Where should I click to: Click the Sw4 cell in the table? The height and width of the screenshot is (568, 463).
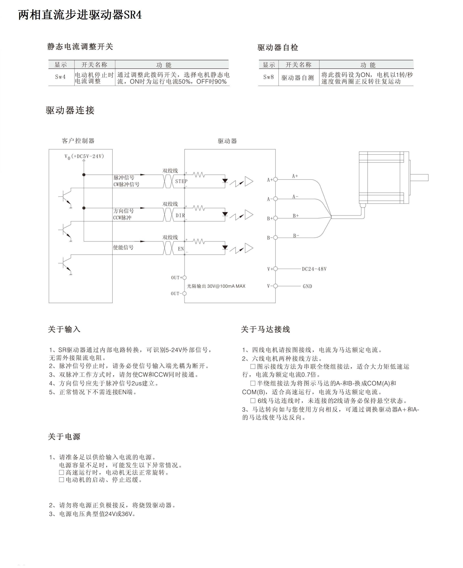61,77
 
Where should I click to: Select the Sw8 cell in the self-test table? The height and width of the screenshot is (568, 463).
269,77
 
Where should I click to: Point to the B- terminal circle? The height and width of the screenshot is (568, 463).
276,238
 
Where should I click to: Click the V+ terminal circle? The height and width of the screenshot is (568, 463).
276,269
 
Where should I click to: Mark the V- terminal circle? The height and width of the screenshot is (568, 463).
276,286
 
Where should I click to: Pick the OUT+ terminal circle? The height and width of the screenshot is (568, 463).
184,278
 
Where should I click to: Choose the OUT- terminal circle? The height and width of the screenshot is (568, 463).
184,294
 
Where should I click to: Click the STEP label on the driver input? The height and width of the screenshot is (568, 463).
181,182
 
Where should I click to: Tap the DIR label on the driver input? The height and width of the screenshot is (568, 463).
180,215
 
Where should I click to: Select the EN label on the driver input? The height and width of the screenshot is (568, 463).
181,249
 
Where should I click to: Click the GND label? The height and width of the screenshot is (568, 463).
307,286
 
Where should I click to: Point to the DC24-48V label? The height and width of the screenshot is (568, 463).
314,269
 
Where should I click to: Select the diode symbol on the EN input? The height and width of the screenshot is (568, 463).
225,247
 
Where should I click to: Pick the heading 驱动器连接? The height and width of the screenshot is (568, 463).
70,110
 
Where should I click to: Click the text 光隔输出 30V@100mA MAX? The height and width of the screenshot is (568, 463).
216,286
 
